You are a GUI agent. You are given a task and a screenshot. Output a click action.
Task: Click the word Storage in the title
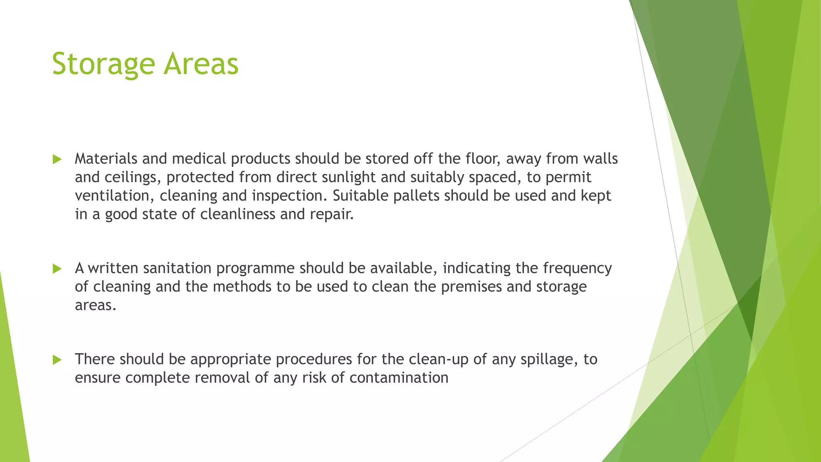coord(103,64)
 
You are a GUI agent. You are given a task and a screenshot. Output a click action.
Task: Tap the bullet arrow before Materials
coord(57,160)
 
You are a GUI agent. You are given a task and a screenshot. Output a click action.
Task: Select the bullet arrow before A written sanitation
coord(57,269)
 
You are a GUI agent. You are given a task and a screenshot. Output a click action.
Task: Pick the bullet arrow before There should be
coord(57,360)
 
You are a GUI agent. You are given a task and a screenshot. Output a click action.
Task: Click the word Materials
coord(106,159)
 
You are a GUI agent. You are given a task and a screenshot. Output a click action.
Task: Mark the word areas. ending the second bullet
coord(95,306)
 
